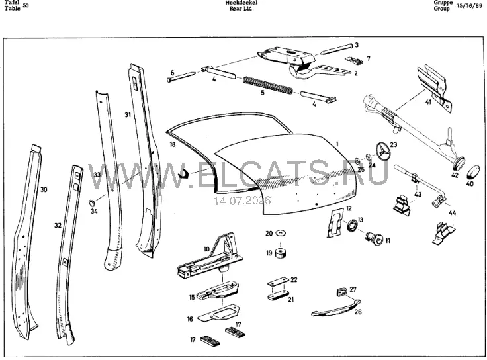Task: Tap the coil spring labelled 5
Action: pos(267,85)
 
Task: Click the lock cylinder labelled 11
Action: pos(375,238)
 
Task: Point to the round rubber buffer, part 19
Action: pos(281,253)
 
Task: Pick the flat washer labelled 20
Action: pos(281,233)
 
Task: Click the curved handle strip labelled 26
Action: pos(335,308)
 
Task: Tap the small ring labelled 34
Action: pos(93,203)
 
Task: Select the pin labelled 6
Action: pos(181,77)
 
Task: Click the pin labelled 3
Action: pos(336,49)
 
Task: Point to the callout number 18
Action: pos(173,144)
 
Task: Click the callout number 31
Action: pos(128,115)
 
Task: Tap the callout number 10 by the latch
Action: pos(207,249)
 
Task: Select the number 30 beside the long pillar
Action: pos(44,189)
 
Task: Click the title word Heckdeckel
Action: pos(242,3)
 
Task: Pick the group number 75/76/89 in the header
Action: pos(469,6)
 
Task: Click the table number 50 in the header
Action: pos(25,5)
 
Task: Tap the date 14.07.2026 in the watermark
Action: pos(242,201)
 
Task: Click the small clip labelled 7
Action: pos(355,60)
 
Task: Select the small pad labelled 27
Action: pos(341,292)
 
